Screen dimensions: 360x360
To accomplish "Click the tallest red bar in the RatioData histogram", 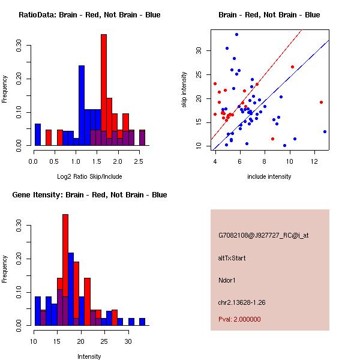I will click(103, 90).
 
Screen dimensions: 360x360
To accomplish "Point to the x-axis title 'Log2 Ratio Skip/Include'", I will click(89, 176).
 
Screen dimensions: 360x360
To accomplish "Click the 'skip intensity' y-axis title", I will click(184, 90).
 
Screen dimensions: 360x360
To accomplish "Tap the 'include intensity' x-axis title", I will click(269, 176).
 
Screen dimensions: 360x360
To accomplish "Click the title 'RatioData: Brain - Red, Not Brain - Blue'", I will click(89, 15).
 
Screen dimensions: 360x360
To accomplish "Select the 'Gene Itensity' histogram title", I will click(89, 195).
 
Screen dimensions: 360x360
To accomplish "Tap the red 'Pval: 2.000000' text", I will click(239, 319).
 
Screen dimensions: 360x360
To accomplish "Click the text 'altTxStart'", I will click(232, 258).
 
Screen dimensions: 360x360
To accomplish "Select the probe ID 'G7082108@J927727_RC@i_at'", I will click(263, 236).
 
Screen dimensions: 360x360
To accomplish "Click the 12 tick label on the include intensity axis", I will click(314, 161).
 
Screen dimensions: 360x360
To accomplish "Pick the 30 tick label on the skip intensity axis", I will click(200, 51).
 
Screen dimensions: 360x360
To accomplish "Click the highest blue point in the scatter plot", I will click(236, 34).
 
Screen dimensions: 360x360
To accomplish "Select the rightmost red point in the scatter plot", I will click(322, 102).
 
